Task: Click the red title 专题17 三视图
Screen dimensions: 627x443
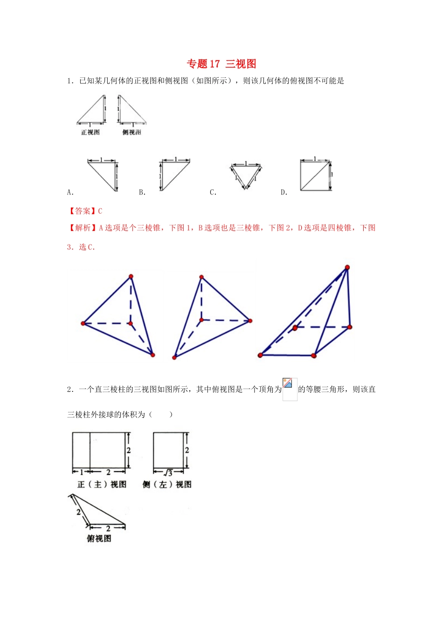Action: [221, 64]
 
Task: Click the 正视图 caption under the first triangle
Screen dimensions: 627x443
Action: [90, 132]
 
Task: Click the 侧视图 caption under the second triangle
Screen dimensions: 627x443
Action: [132, 132]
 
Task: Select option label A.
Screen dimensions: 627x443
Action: [70, 192]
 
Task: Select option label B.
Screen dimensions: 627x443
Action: [142, 192]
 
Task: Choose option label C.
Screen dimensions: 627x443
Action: [213, 192]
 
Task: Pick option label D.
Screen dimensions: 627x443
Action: [284, 192]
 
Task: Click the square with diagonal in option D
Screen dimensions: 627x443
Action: [315, 175]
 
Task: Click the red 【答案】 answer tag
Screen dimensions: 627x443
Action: [82, 211]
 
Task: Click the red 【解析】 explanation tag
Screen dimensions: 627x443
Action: [82, 228]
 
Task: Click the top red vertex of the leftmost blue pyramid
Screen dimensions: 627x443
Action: [131, 277]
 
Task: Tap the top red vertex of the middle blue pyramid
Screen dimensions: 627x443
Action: [201, 277]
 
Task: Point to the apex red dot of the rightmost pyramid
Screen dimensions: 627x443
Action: [347, 267]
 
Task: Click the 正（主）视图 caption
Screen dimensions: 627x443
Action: [102, 484]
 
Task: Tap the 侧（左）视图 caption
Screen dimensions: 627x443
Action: [167, 484]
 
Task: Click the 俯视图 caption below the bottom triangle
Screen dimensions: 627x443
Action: [99, 538]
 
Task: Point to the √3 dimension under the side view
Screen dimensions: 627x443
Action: [169, 473]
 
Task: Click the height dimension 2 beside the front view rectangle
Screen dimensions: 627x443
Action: [129, 450]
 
